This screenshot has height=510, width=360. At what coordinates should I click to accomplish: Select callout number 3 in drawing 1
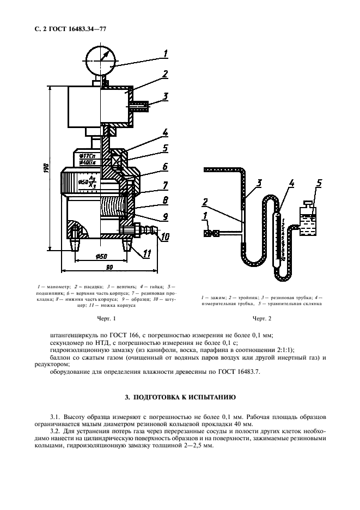click(165, 96)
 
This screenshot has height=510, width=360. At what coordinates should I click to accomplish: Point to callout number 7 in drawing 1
click(165, 186)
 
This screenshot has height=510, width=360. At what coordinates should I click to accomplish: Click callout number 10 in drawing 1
click(166, 236)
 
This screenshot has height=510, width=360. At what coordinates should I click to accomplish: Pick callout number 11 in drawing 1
click(147, 253)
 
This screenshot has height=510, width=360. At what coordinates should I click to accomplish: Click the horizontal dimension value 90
click(109, 267)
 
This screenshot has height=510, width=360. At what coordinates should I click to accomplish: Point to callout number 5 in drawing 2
click(319, 183)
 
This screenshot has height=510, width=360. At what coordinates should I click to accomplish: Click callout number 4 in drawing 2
click(292, 184)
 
